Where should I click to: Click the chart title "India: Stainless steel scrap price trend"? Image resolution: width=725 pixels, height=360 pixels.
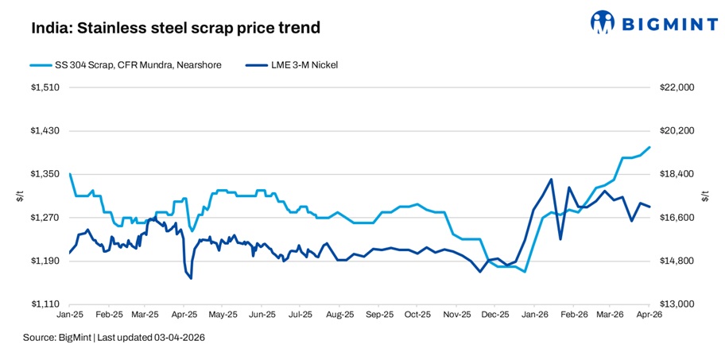pos(176,29)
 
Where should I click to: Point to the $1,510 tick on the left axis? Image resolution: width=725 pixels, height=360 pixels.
pos(46,87)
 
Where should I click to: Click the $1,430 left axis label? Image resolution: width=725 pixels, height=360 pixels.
pos(46,130)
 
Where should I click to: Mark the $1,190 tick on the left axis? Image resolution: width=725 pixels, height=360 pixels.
pos(46,261)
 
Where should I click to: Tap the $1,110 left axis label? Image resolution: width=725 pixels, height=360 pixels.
pos(46,304)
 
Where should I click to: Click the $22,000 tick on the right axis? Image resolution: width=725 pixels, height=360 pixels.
pos(677,87)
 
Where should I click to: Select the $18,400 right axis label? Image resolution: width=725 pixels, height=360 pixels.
pos(677,174)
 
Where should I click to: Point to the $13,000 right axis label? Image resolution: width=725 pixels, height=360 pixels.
pos(677,304)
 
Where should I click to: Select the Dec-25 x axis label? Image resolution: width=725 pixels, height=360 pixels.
pos(494,315)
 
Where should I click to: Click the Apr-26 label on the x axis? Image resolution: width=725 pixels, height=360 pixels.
pos(649,315)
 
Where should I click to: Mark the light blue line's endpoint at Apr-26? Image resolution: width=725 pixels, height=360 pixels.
pos(650,147)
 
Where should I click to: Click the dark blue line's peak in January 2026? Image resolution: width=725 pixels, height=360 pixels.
pos(551,179)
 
